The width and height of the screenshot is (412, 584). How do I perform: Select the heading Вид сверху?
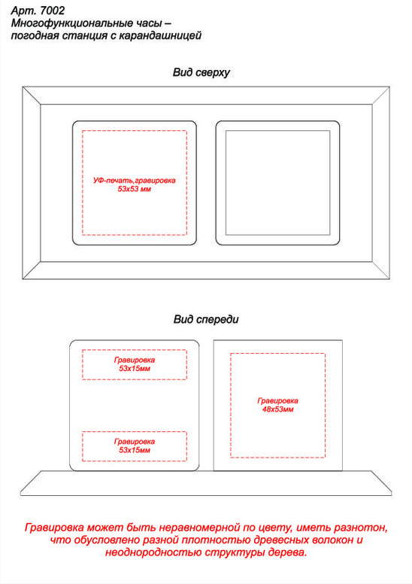pyautogui.click(x=201, y=72)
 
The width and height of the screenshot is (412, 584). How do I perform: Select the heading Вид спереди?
pyautogui.click(x=206, y=320)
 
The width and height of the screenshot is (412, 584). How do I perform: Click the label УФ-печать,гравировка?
pyautogui.click(x=135, y=181)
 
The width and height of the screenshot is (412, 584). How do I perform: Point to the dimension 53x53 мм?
pyautogui.click(x=135, y=189)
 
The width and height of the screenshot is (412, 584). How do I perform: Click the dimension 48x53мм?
pyautogui.click(x=277, y=409)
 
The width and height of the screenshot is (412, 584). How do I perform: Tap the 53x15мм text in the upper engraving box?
pyautogui.click(x=135, y=368)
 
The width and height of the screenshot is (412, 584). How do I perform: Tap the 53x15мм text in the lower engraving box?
pyautogui.click(x=135, y=450)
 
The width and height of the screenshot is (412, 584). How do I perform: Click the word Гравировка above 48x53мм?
pyautogui.click(x=277, y=401)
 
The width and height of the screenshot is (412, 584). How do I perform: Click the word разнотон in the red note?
pyautogui.click(x=361, y=528)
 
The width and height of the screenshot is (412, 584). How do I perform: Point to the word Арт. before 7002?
pyautogui.click(x=24, y=11)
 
